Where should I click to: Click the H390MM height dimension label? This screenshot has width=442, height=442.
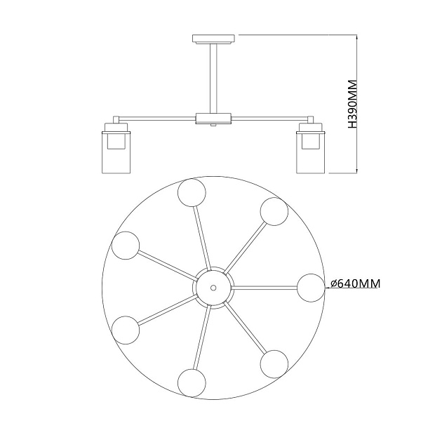[x=352, y=105]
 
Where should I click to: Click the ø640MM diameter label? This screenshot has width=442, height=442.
[x=356, y=283]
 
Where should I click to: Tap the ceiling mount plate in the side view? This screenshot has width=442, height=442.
[x=213, y=39]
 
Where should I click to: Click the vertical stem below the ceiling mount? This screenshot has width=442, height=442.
[x=213, y=79]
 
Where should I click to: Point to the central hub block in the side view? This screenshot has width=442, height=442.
[x=213, y=119]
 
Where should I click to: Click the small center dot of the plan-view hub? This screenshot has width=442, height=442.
[x=213, y=288]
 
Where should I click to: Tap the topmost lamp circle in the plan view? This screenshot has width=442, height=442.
[x=192, y=192]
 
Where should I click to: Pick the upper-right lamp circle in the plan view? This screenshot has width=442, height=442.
[x=274, y=211]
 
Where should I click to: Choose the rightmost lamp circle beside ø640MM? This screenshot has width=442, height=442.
[x=311, y=288]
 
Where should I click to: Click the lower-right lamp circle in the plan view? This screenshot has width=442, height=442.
[x=274, y=364]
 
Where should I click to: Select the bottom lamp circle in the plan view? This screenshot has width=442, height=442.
[x=192, y=383]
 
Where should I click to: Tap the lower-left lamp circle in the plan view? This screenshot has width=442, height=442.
[x=126, y=330]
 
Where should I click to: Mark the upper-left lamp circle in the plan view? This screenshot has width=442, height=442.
[x=126, y=246]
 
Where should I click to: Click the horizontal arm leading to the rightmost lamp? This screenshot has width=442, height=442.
[x=264, y=288]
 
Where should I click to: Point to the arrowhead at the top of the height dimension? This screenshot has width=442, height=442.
[x=357, y=37]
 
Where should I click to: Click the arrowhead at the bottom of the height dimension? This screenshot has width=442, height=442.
[x=357, y=170]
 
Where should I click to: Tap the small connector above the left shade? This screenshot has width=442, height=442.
[x=116, y=119]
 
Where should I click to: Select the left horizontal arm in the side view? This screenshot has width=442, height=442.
[x=158, y=118]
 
